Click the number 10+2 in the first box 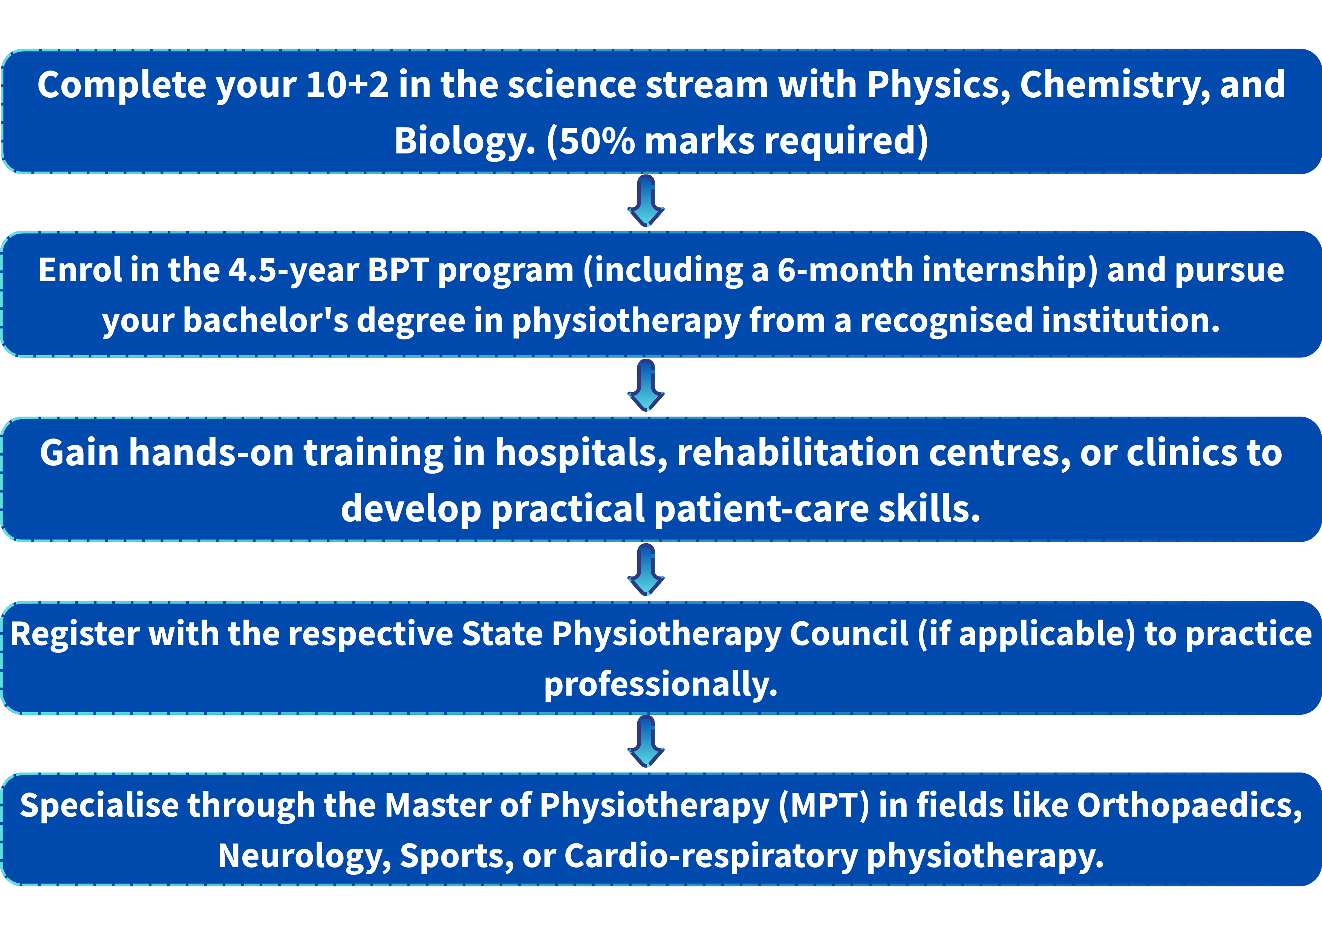coord(347,85)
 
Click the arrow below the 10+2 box coord(646,201)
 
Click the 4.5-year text coord(294,271)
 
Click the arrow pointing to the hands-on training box coord(646,385)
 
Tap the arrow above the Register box coord(646,569)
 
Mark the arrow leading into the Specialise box coord(646,742)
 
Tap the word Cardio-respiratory coord(711,857)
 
